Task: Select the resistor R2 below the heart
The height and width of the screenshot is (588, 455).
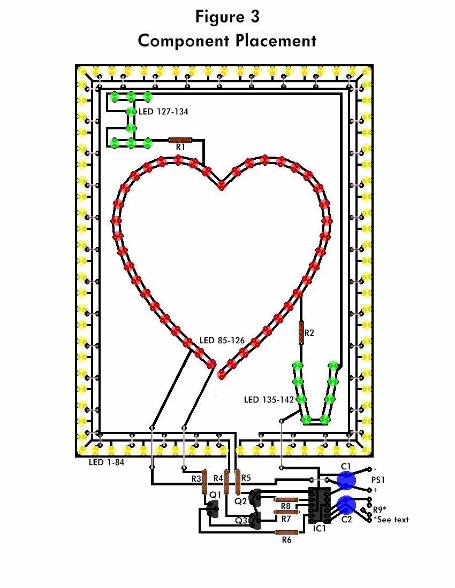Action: [301, 332]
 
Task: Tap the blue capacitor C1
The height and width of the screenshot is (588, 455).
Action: [346, 480]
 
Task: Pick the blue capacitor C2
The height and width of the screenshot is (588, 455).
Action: [346, 505]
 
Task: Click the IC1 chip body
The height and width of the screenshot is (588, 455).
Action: [319, 505]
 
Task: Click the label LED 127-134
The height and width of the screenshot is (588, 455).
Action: [163, 112]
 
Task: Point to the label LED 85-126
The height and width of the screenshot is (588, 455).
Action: [222, 340]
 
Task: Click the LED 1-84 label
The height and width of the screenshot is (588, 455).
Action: [107, 462]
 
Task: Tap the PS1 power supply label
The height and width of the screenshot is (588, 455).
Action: [378, 481]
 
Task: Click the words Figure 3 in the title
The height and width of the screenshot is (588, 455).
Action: [227, 17]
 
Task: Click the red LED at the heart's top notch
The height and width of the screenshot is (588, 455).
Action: [222, 185]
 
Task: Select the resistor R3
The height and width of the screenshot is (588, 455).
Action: [204, 483]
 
